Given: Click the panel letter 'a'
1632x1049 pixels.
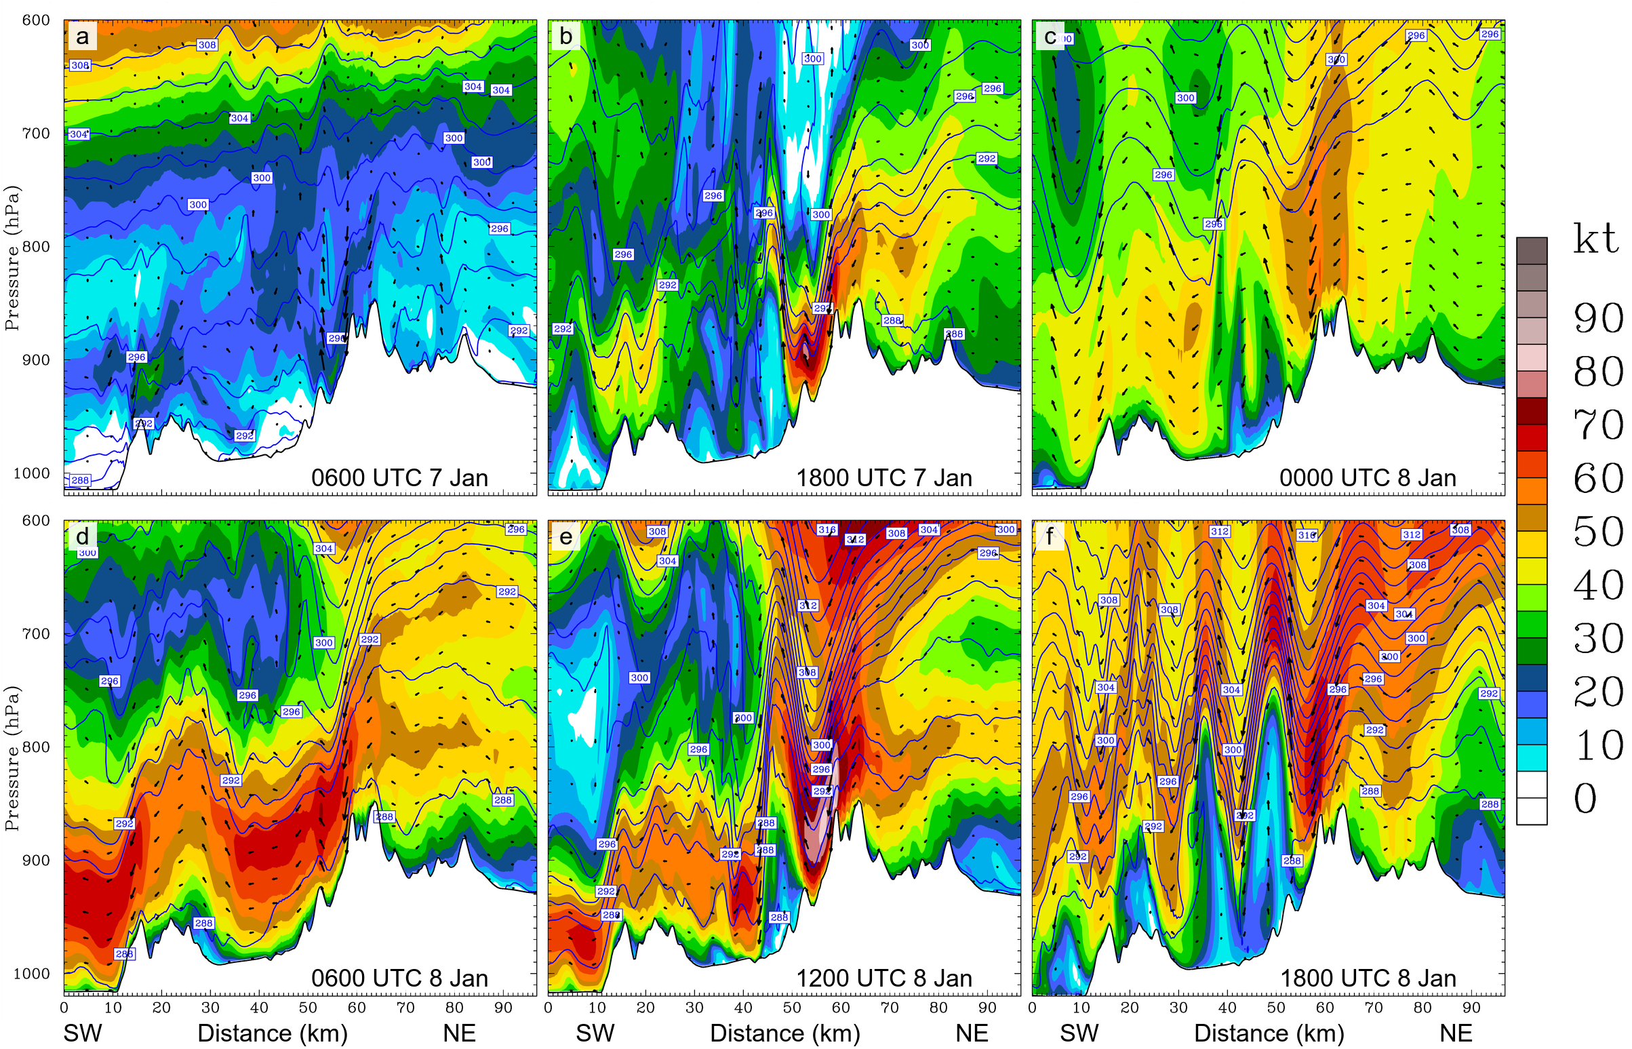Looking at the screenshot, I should coord(82,36).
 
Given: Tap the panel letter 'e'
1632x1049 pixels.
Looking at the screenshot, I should coord(565,537).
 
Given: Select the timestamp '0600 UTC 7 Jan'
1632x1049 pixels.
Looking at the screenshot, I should coord(399,477).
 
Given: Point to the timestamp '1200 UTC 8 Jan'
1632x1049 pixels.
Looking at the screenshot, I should coord(883,978).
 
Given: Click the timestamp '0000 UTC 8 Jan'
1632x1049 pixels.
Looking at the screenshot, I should coord(1367,477).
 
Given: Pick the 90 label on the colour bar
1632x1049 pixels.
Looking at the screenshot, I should coord(1598,319).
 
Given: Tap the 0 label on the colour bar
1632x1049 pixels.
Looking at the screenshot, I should coord(1585,798).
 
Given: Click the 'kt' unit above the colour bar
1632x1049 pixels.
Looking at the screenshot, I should coord(1595,239).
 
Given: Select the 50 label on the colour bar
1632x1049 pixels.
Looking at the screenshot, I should coord(1598,532).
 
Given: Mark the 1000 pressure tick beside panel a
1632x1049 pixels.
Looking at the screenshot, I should coord(31,473).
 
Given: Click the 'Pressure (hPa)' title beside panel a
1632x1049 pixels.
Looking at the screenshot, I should coord(12,258).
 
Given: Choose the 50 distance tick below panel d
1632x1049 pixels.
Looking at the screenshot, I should coord(308,1008).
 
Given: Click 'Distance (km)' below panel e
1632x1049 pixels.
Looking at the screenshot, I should coord(784,1033).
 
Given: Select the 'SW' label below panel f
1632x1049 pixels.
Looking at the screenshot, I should coord(1079,1033).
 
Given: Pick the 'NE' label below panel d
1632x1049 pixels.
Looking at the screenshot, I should coord(459,1033).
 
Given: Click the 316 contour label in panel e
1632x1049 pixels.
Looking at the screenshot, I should coord(827,530).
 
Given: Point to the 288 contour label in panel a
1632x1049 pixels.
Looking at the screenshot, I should coord(80,480).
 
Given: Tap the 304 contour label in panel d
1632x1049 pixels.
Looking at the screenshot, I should coord(323,549).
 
